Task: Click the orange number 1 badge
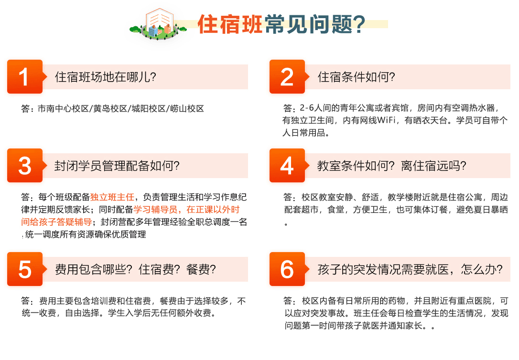tap(25, 77)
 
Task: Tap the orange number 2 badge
tap(287, 77)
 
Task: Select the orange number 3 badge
tap(25, 165)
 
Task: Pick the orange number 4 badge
tap(287, 165)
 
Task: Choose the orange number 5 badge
tap(25, 269)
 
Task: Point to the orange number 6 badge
tap(287, 269)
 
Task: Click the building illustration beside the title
tap(158, 24)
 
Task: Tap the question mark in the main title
tap(359, 24)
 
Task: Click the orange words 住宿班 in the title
tap(230, 24)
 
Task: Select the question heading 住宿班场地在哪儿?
tap(105, 77)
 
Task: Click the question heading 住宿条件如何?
tap(356, 77)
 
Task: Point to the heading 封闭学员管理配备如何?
tap(117, 166)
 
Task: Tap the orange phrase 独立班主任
tap(112, 197)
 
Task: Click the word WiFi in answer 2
tap(386, 120)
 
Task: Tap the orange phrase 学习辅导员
tap(155, 210)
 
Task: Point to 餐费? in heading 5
tap(201, 269)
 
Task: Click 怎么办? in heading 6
tap(482, 269)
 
